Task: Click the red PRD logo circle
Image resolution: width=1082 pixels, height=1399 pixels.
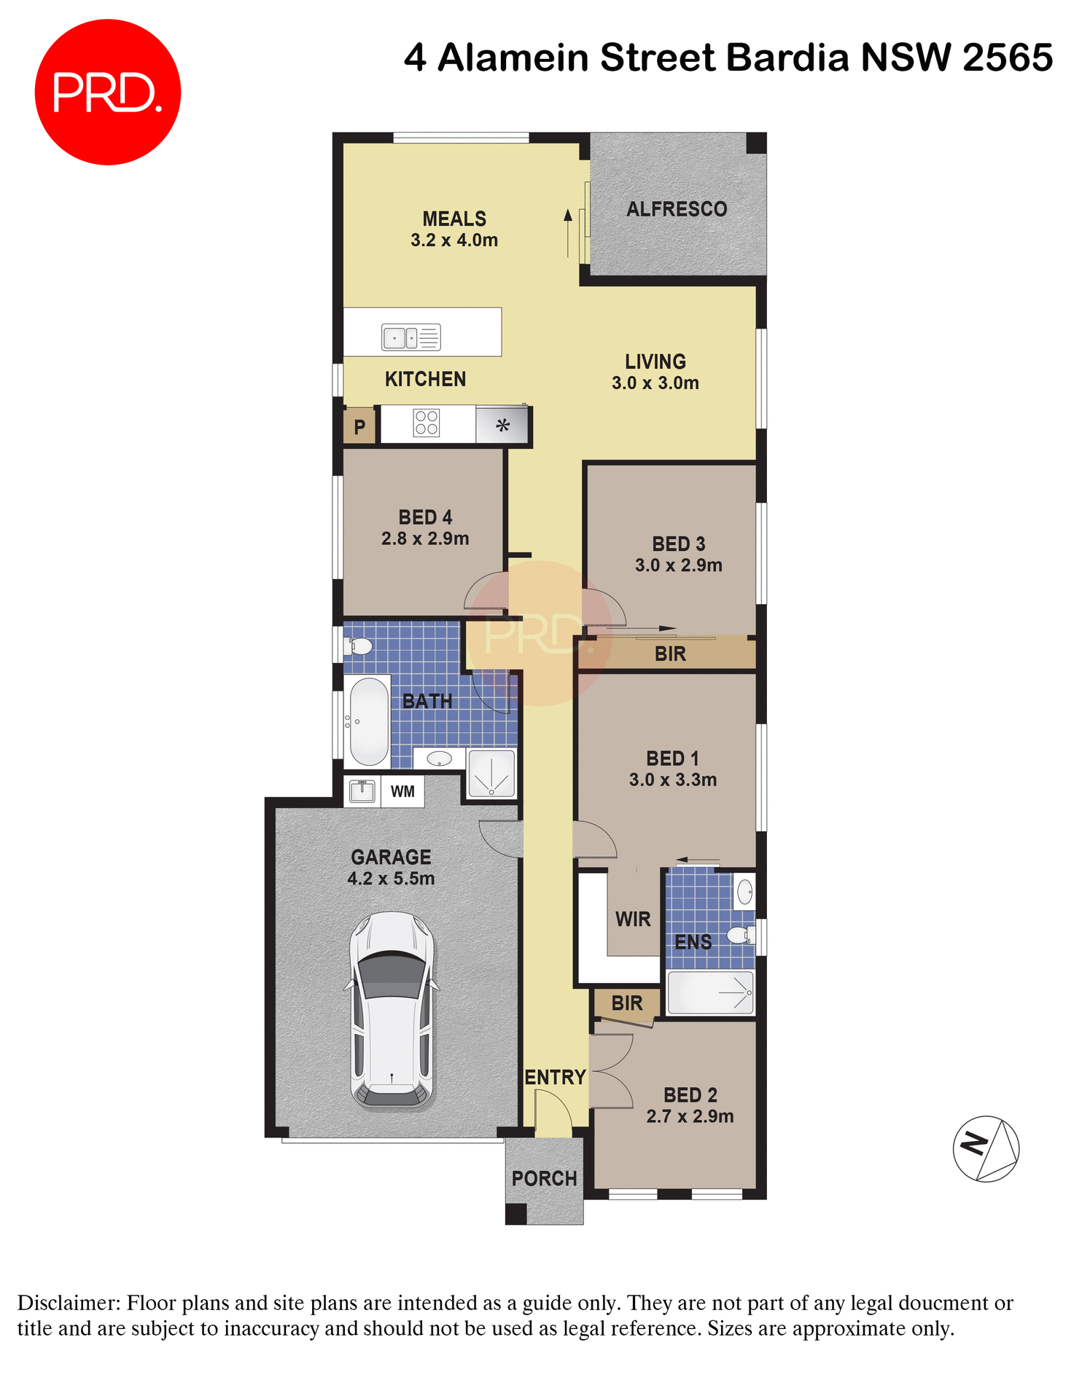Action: pos(107,93)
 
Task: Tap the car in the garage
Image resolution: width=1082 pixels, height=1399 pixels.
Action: pos(392,1011)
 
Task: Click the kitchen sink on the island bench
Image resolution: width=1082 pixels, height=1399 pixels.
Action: pos(410,337)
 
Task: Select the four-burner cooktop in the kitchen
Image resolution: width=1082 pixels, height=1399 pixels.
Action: pos(427,423)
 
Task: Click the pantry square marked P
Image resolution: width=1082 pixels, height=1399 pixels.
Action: pos(359,427)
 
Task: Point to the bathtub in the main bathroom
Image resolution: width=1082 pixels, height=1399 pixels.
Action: pos(369,721)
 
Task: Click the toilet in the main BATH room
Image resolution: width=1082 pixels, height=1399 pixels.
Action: pos(359,646)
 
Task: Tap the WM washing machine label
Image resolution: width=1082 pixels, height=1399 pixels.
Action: pos(402,791)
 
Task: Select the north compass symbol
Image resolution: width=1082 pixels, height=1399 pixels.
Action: pos(986,1149)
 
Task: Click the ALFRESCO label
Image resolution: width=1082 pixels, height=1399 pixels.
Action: pos(677,210)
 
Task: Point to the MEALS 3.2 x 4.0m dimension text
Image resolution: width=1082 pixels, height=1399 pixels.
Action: pos(454,240)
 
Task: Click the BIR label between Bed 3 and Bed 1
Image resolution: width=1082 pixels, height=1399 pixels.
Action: pos(670,654)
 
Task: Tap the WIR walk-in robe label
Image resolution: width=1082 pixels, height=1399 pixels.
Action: pos(633,920)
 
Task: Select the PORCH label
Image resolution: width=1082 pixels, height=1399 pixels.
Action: pos(544,1178)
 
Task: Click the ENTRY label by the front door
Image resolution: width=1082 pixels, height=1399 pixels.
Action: pos(555,1077)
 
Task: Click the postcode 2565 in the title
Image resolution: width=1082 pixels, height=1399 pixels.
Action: pos(1007,58)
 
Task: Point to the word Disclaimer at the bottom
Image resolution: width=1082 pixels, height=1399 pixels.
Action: pos(68,1303)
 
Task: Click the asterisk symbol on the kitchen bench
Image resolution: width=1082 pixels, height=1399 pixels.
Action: pos(502,426)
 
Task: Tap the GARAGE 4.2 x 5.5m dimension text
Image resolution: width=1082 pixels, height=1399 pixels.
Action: pos(391,879)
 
